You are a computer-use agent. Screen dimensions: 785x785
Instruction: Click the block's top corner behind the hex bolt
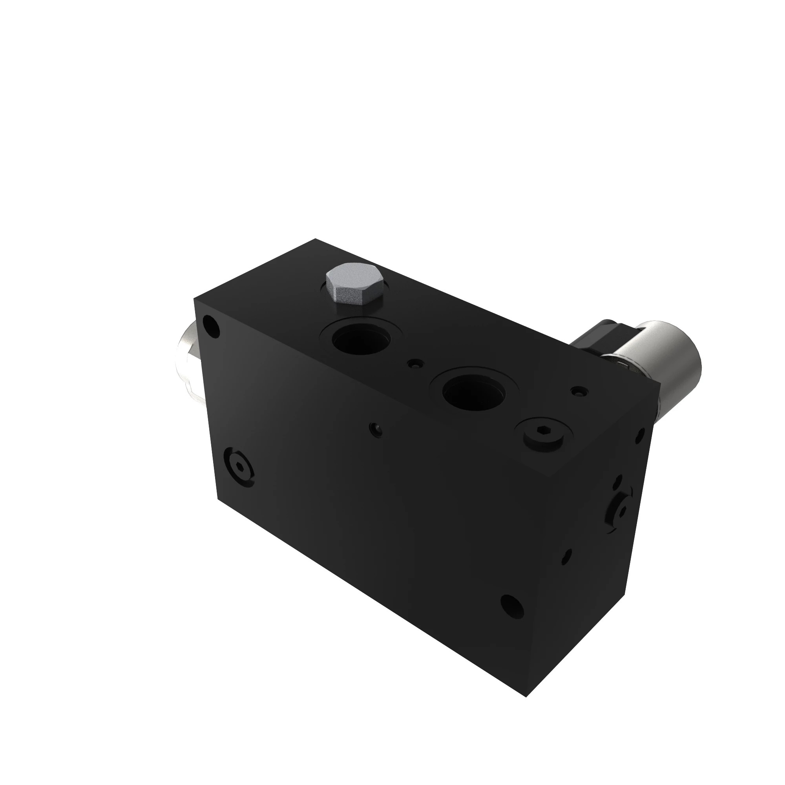(315, 239)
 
